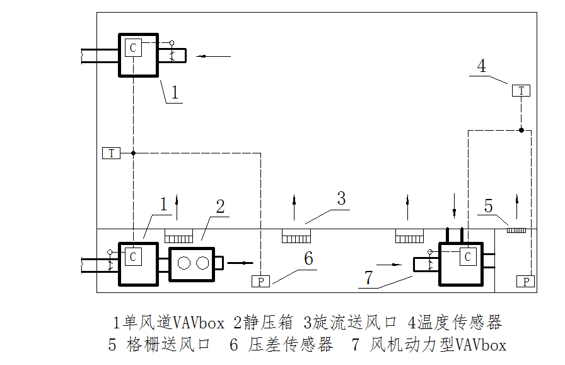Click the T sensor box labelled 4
coord(521,91)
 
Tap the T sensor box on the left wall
coord(111,153)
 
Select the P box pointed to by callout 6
coord(260,282)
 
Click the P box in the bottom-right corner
coord(526,282)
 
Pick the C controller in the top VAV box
coord(133,48)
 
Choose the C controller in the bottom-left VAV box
coord(133,257)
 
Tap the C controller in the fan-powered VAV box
coord(467,257)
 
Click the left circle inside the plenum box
coord(183,263)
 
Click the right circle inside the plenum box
coord(202,263)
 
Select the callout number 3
coord(341,199)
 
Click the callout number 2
coord(220,206)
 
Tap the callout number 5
coord(488,206)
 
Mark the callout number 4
coord(482,66)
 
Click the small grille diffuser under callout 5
coord(516,230)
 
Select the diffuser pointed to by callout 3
coord(297,236)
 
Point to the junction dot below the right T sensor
coord(521,130)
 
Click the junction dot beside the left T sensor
coord(133,153)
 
